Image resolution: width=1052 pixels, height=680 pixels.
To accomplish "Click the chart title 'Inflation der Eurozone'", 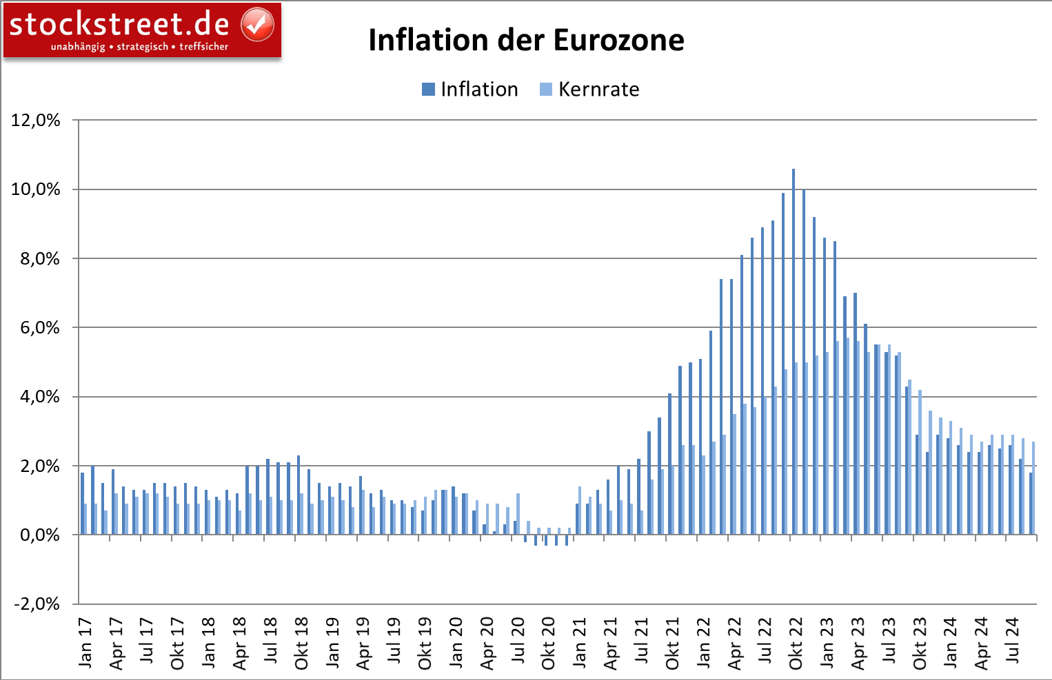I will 526,40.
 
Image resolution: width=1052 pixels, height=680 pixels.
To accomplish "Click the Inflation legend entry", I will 470,90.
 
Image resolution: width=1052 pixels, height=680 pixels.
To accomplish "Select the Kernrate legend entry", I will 590,90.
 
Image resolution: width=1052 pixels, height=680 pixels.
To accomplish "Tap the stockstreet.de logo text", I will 119,24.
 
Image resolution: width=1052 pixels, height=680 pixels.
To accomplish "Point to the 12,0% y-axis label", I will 36,121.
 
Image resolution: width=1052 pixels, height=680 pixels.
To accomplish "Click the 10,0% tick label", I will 36,189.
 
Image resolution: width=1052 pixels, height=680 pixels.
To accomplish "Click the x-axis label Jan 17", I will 85,643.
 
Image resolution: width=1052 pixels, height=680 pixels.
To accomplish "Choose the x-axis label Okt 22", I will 796,643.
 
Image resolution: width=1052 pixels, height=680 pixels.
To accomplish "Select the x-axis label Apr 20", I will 487,643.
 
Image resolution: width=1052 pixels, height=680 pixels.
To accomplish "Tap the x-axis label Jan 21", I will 580,643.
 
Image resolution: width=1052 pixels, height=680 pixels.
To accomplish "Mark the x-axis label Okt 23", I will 920,643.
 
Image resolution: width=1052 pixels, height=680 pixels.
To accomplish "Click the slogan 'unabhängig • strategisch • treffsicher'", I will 139,47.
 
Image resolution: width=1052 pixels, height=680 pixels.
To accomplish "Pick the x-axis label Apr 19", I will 364,643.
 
